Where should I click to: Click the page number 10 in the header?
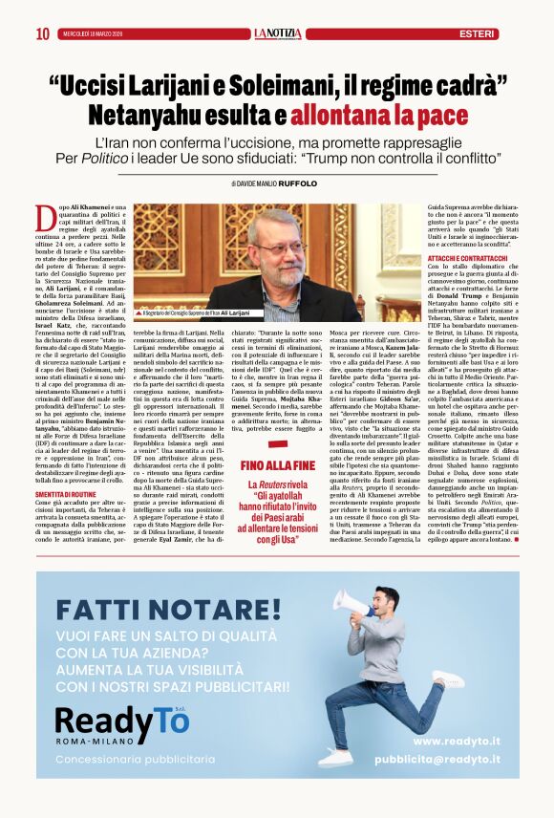click(42, 34)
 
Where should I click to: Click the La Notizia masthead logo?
click(277, 33)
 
